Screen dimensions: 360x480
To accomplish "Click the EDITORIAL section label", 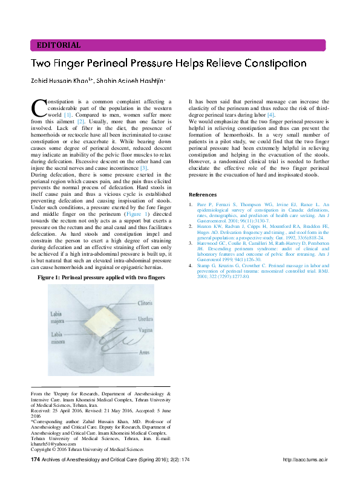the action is click(59, 45).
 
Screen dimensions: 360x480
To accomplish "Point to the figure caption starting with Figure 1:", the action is click(101, 276).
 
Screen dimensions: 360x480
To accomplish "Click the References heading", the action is click(203, 195).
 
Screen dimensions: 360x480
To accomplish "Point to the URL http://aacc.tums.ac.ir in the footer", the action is click(305, 460).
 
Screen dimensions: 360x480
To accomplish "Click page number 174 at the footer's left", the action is click(35, 460).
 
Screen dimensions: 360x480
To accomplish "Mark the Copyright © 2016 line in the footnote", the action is click(87, 449).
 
